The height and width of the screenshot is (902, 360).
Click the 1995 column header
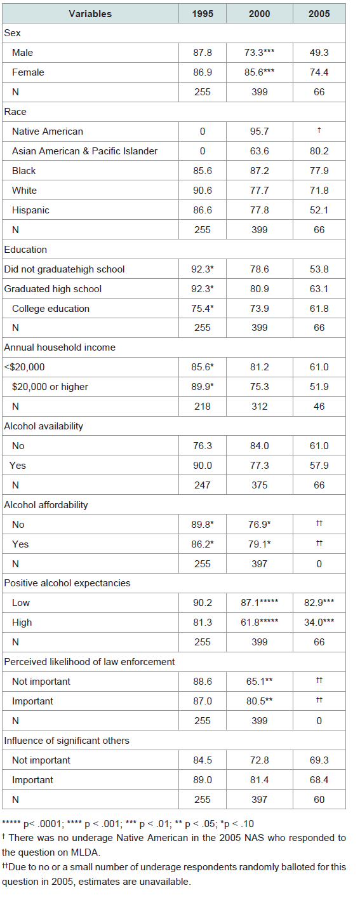202,14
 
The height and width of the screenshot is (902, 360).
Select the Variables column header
90,14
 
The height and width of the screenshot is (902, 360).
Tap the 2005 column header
319,14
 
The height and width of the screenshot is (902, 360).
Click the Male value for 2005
319,53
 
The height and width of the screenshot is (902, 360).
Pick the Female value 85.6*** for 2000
259,72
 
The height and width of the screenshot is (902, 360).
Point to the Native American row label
48,131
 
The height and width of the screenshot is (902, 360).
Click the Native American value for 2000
259,131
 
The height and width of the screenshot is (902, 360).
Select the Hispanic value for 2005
319,210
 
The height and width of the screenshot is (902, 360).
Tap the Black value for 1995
202,171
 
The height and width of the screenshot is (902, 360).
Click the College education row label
51,309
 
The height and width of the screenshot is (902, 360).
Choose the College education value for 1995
202,309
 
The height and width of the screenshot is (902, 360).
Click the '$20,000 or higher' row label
50,387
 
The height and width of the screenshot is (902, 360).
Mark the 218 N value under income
202,407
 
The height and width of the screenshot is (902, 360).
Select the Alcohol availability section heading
43,426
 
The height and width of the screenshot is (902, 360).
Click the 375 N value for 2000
259,485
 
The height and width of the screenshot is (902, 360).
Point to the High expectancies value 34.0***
319,623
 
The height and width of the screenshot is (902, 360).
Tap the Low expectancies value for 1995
202,603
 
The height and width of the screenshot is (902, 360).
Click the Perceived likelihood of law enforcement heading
90,662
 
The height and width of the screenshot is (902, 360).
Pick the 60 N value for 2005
319,800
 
